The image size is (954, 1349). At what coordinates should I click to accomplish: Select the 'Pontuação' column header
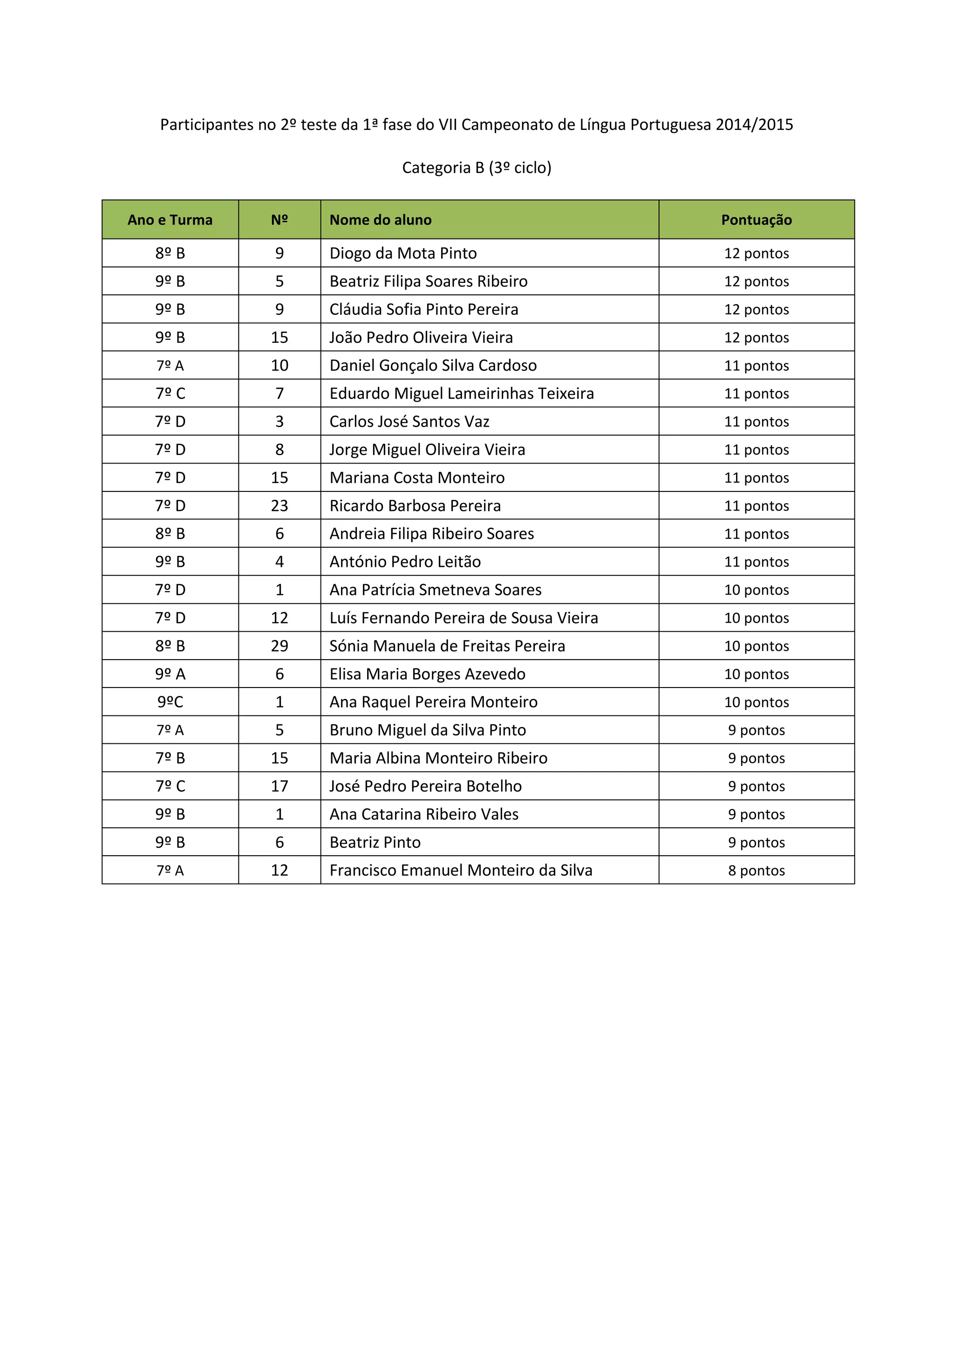[756, 220]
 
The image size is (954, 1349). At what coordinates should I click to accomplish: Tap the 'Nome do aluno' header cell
[380, 220]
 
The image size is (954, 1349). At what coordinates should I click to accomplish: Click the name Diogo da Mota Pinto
[403, 253]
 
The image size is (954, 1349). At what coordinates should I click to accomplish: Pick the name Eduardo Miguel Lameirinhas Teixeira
[461, 394]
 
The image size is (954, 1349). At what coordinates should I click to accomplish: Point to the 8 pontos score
[756, 871]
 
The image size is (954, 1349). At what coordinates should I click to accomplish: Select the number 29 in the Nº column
[279, 646]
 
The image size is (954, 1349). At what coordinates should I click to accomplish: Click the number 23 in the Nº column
[279, 506]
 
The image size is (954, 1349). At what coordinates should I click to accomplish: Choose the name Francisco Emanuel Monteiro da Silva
[461, 871]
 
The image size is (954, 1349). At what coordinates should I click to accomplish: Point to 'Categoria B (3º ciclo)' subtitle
[477, 168]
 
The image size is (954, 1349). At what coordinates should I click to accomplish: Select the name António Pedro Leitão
[405, 562]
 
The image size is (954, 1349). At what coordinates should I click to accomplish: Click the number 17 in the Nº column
[279, 787]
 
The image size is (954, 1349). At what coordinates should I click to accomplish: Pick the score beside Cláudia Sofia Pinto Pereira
[756, 310]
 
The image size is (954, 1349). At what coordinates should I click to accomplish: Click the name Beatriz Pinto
[375, 843]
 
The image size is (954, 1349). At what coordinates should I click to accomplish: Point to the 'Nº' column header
[279, 220]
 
